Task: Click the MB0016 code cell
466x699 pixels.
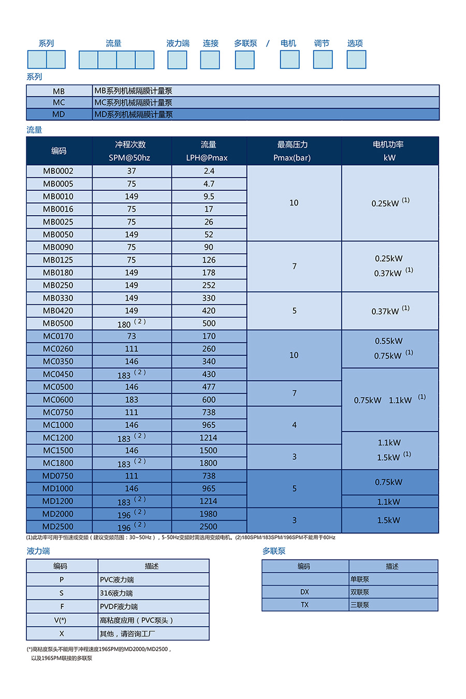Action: tap(59, 209)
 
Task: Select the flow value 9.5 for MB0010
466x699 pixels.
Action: tap(209, 197)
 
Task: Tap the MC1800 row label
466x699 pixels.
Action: tap(59, 463)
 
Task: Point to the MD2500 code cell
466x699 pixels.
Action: tap(59, 527)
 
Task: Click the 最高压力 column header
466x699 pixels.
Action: tap(293, 151)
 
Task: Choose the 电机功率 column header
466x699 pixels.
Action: tap(389, 151)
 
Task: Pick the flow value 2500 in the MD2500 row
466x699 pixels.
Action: tap(209, 527)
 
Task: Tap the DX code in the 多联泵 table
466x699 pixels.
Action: tap(304, 592)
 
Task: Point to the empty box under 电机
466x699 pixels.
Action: tap(289, 60)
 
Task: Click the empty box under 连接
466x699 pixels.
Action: tap(210, 60)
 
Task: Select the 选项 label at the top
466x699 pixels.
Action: tap(355, 43)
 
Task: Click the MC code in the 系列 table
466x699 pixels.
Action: tap(59, 102)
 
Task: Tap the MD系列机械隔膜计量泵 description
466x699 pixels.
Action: tap(134, 114)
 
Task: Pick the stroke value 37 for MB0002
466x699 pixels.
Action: tap(132, 171)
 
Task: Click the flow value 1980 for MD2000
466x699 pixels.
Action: tap(209, 514)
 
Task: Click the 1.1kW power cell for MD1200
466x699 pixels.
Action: tap(389, 502)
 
